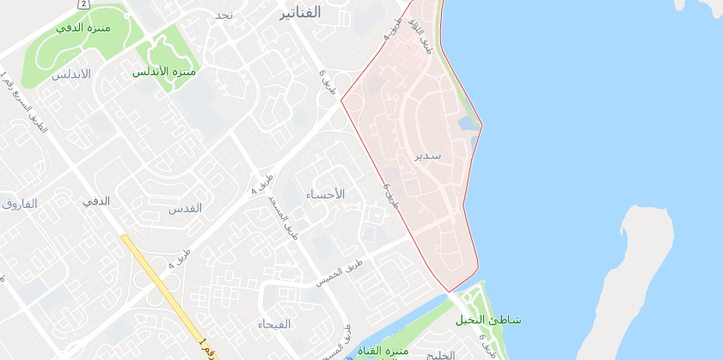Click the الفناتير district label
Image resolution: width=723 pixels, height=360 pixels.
pos(300,13)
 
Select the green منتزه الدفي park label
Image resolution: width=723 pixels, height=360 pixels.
pos(84,27)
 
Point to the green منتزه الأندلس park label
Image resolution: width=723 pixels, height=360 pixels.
pos(164,71)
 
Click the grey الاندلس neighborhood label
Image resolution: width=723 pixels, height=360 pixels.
pos(70,74)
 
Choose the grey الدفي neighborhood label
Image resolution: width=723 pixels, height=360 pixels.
pos(95,201)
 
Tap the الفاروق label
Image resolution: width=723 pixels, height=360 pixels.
pos(19,204)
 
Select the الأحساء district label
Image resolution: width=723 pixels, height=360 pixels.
pos(325,194)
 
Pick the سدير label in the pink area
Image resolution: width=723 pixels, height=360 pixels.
pos(426,156)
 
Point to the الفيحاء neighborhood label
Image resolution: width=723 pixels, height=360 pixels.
pos(274,324)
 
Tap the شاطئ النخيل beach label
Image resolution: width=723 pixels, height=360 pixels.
pos(487,320)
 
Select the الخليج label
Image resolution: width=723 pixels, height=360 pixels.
pos(439,355)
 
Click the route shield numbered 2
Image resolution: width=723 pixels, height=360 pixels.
pos(83,3)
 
